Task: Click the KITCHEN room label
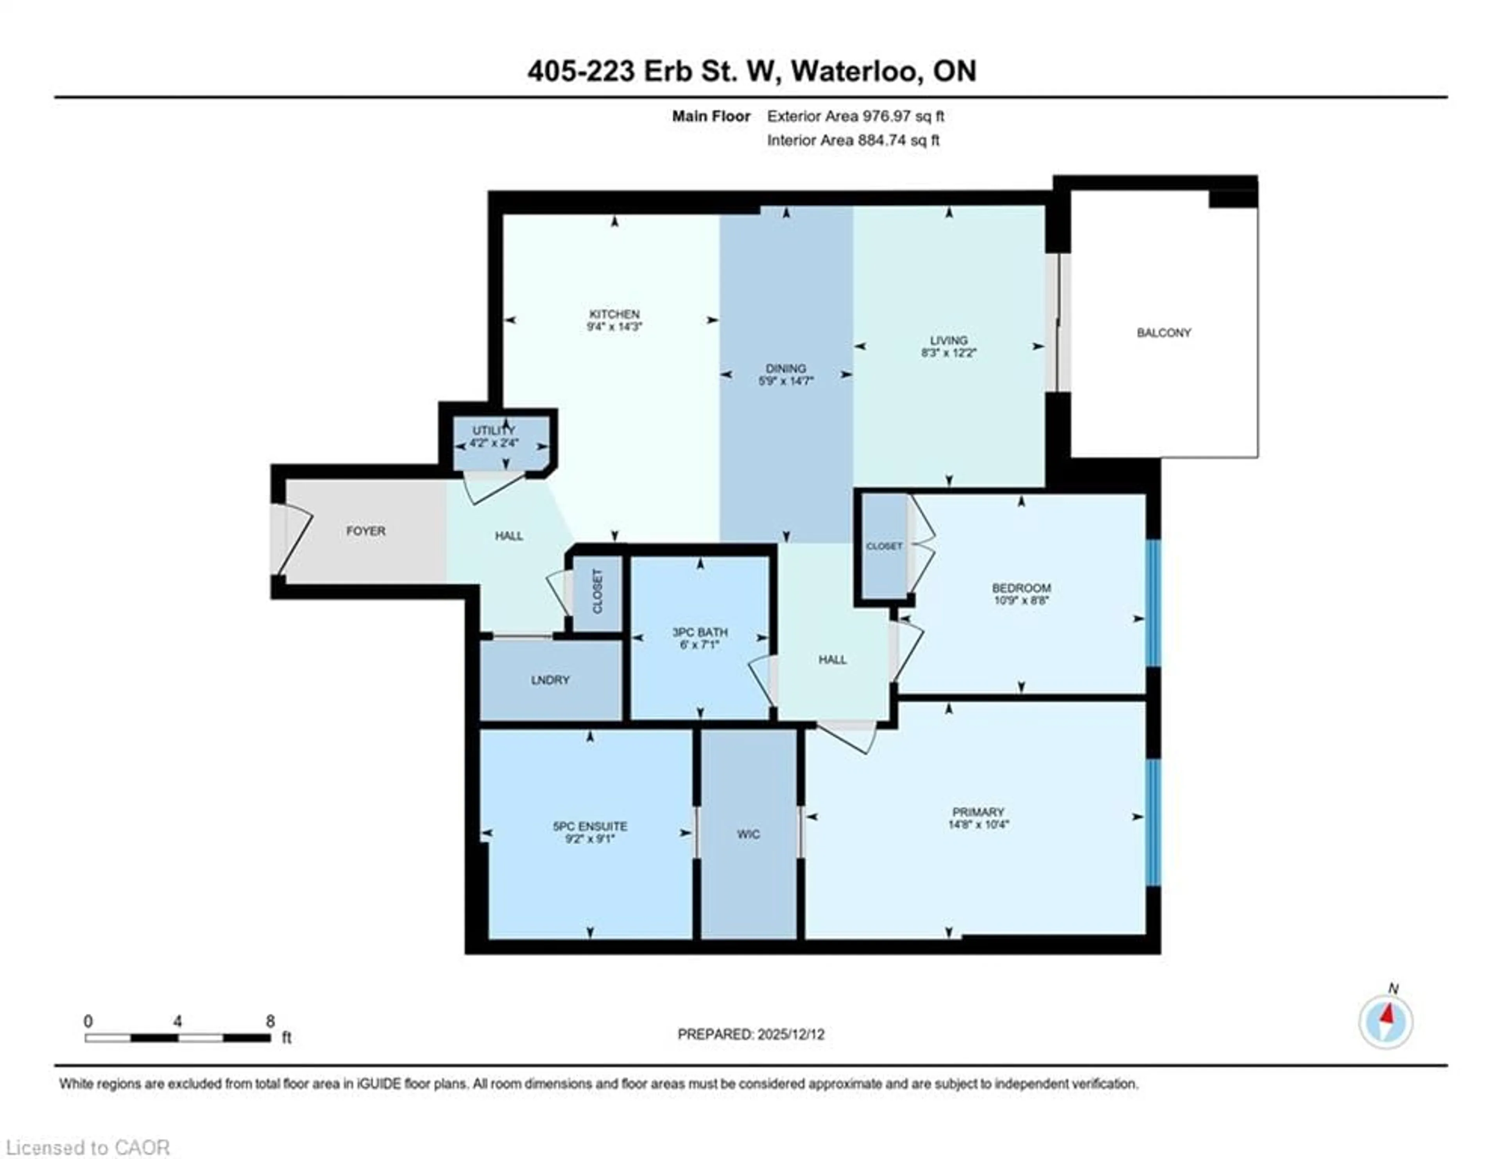614,314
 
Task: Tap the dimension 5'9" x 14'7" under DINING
786,380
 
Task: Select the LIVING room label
948,340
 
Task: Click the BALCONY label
1164,333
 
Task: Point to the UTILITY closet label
493,431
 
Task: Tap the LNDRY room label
550,680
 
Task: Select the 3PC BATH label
700,632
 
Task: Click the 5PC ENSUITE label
590,826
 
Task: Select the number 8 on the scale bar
270,1021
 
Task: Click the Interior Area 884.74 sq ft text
853,140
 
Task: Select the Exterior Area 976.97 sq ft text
855,116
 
